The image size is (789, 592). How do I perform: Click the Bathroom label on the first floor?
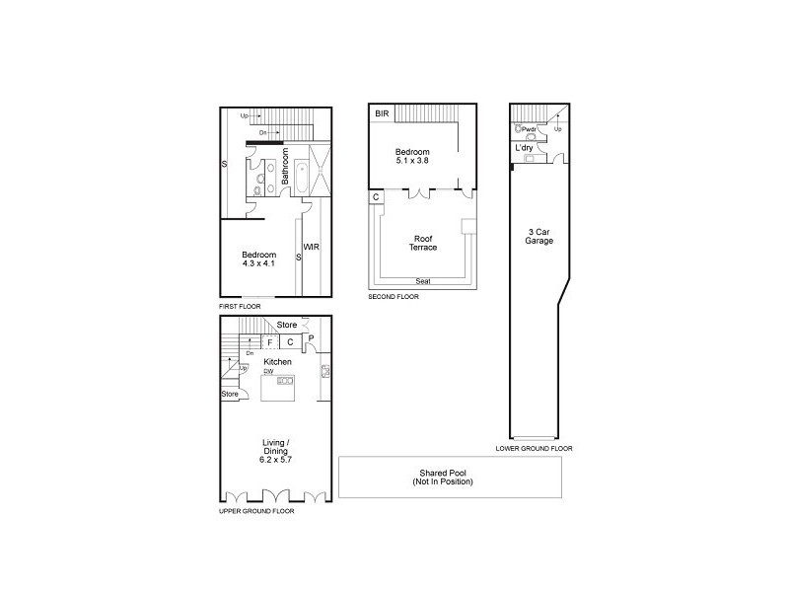[x=286, y=169]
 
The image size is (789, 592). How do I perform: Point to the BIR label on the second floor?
[x=381, y=114]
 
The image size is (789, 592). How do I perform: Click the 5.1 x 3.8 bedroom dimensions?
[x=412, y=159]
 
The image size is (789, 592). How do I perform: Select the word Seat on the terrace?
[x=422, y=281]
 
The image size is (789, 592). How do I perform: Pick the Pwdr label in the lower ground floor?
[x=529, y=128]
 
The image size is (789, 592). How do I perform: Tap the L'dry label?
[x=525, y=148]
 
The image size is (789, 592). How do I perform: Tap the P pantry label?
[x=311, y=337]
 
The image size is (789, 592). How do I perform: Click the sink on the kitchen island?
[x=285, y=381]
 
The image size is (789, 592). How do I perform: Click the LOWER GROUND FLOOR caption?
[x=534, y=449]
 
